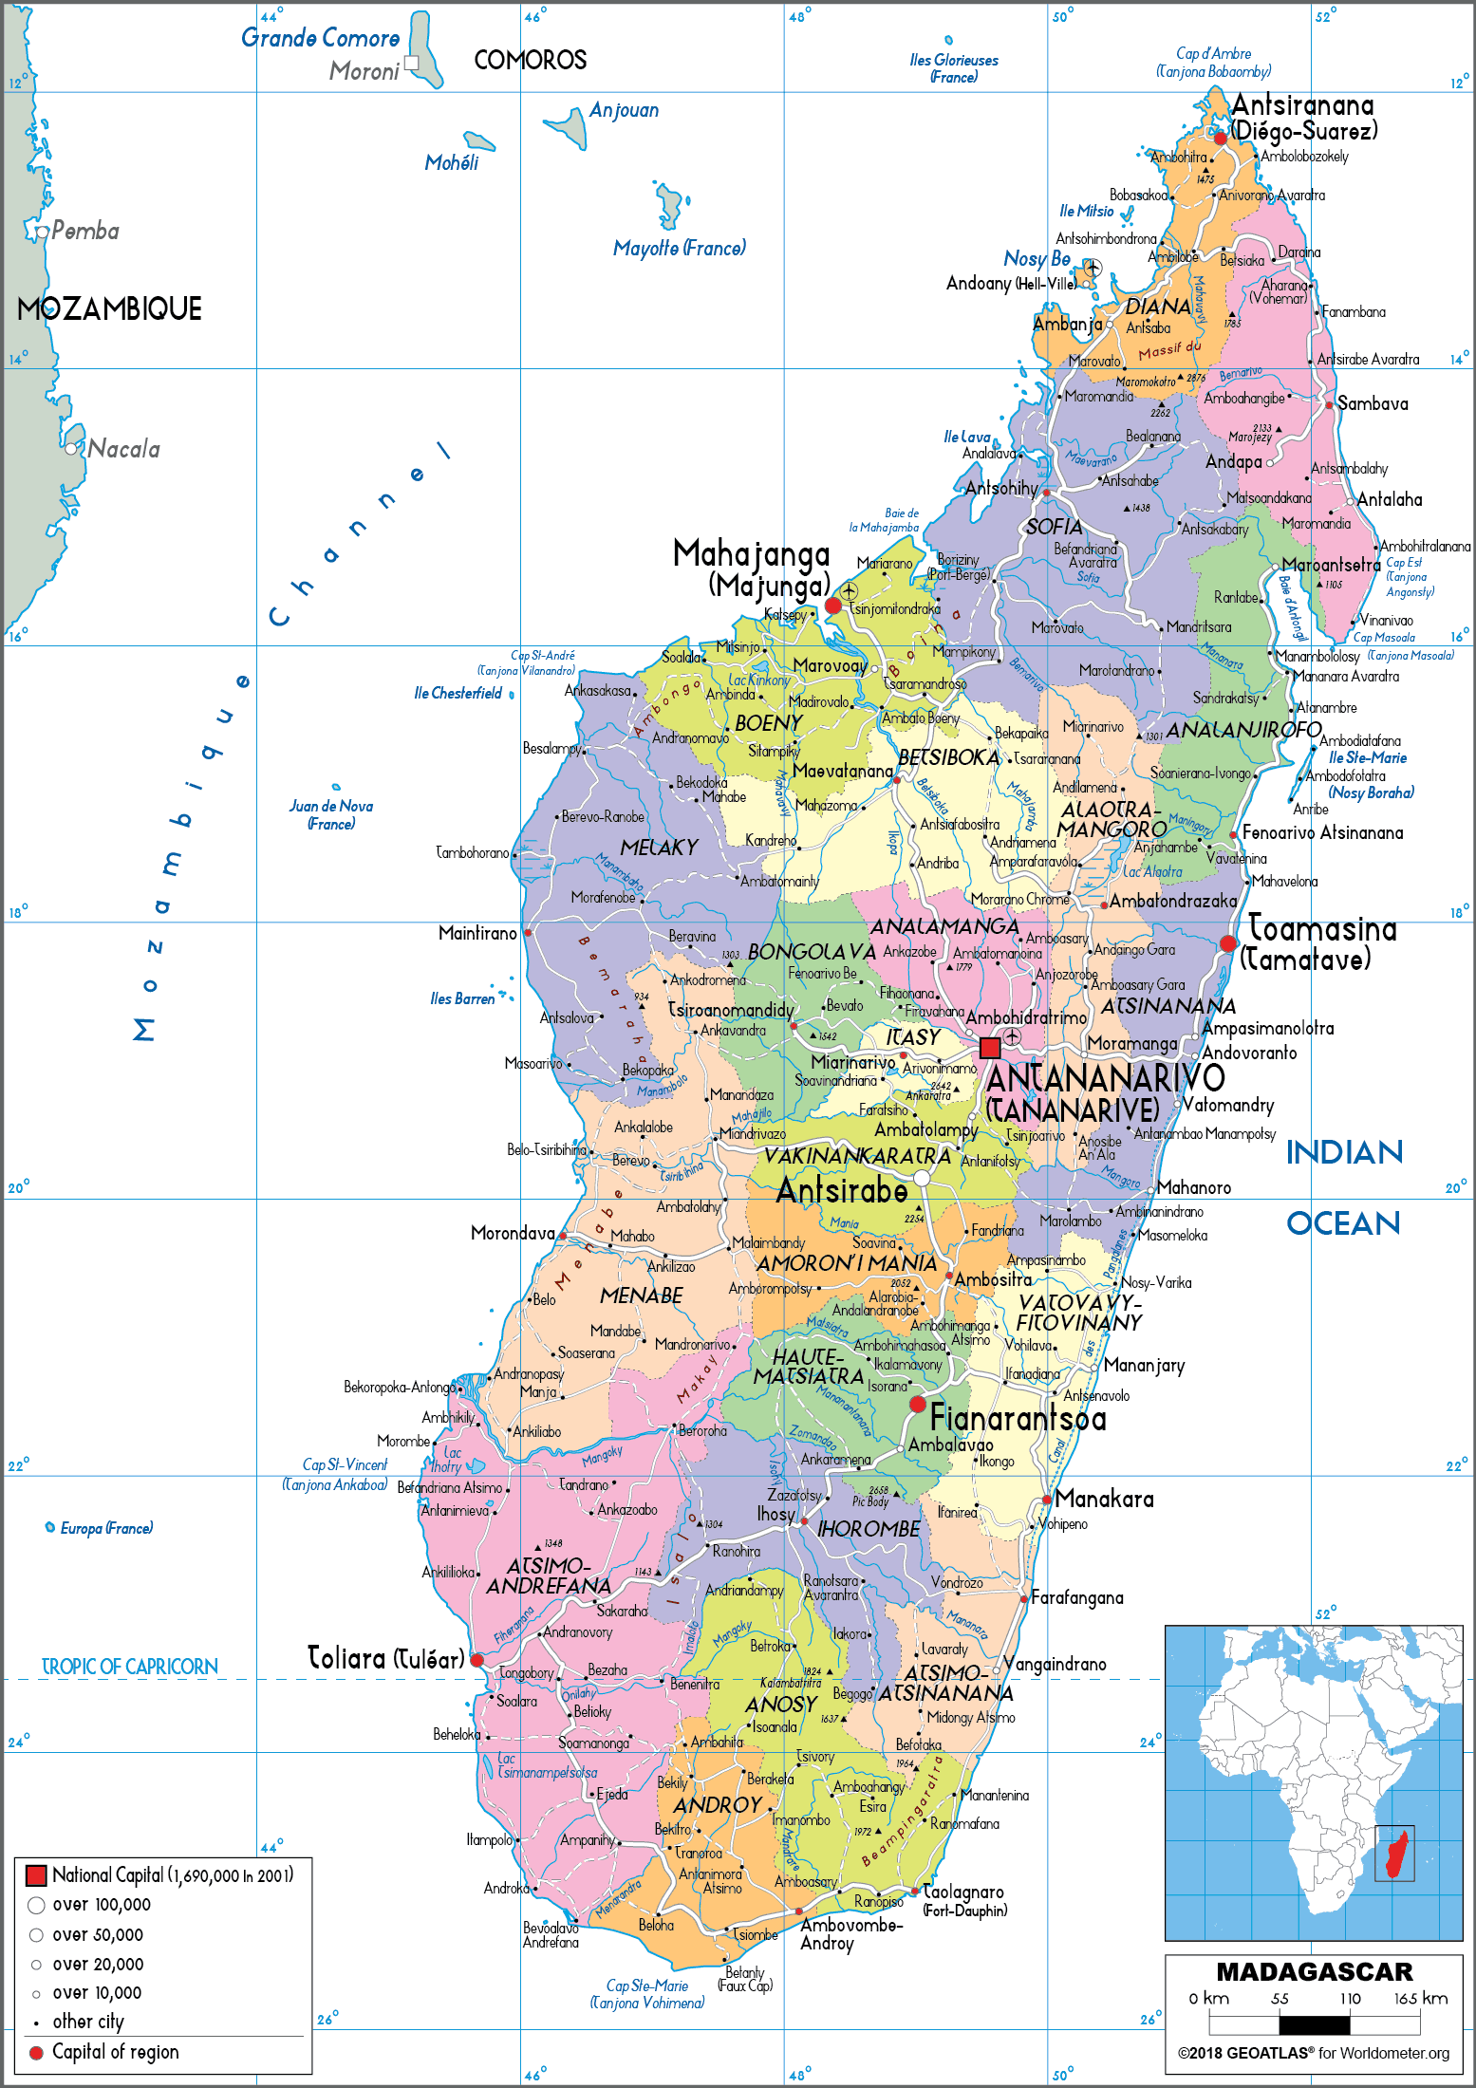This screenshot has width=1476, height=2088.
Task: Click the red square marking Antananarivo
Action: [x=989, y=1048]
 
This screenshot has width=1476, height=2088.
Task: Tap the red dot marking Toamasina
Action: [x=1227, y=943]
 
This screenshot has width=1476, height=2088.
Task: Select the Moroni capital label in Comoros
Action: [x=364, y=71]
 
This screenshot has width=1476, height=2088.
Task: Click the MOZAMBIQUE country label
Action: [x=109, y=309]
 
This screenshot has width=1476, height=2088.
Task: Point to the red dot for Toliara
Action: [x=477, y=1660]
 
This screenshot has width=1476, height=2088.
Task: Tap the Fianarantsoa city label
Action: [x=1018, y=1418]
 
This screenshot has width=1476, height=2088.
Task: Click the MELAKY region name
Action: [x=659, y=848]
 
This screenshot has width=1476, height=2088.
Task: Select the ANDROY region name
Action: [x=718, y=1805]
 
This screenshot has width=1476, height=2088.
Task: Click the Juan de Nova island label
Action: [x=331, y=814]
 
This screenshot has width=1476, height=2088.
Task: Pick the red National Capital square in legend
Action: [x=36, y=1875]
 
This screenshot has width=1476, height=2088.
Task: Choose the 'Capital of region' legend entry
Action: [x=115, y=2051]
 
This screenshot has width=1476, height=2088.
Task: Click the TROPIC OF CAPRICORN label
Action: [x=130, y=1667]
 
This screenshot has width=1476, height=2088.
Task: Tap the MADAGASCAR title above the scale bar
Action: [x=1314, y=1972]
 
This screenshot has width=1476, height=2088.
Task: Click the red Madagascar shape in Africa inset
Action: [x=1396, y=1855]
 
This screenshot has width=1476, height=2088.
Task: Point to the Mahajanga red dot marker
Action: [x=833, y=606]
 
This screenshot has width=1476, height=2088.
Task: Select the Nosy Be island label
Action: [x=1037, y=258]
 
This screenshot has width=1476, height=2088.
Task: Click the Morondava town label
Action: [x=513, y=1233]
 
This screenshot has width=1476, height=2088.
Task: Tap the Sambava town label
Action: [x=1373, y=403]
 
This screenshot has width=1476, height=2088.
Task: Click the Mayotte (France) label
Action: [x=679, y=249]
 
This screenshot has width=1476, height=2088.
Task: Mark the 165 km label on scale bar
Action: [x=1420, y=1998]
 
